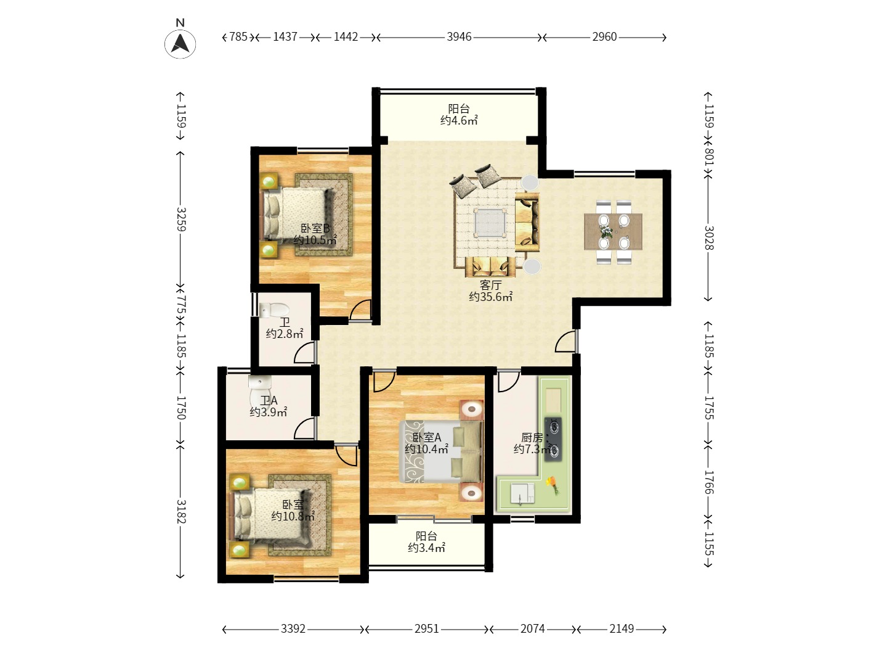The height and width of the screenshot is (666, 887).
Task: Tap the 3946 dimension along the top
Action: [x=459, y=37]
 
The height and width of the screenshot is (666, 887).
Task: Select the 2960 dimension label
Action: [x=604, y=37]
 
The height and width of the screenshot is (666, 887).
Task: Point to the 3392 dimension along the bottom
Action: [x=293, y=629]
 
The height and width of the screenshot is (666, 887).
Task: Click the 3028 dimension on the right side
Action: [x=709, y=238]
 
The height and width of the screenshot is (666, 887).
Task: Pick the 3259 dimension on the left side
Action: [x=181, y=219]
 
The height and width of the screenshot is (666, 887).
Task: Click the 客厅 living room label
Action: [x=490, y=285]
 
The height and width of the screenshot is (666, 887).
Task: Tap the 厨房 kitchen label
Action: [x=532, y=438]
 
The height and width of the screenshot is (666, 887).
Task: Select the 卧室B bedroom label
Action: [x=315, y=228]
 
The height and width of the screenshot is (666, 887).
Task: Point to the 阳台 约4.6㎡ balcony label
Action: [x=459, y=115]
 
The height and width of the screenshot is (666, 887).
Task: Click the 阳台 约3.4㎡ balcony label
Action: [x=426, y=542]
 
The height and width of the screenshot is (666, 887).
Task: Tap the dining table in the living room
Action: [x=613, y=232]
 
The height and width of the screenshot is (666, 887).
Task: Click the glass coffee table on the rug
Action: [x=490, y=222]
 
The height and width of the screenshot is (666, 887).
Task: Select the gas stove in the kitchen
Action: [x=553, y=439]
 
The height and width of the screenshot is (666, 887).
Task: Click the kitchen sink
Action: [x=522, y=494]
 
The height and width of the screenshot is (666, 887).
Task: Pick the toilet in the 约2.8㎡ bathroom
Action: [x=274, y=310]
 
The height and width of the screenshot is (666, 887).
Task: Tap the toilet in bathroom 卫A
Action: [x=259, y=392]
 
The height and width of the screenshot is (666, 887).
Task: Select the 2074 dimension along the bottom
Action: [x=533, y=629]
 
